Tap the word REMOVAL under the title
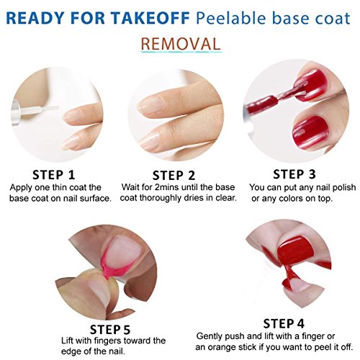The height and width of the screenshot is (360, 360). click(x=181, y=44)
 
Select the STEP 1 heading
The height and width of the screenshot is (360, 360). click(x=54, y=175)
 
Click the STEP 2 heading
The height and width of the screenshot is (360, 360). click(x=174, y=176)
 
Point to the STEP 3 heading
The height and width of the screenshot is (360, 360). click(x=294, y=174)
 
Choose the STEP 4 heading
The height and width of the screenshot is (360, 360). click(x=284, y=323)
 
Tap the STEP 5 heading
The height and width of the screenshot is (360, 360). click(x=110, y=330)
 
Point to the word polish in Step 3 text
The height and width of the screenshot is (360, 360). click(x=343, y=187)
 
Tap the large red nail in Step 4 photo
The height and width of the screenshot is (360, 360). click(x=295, y=251)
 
